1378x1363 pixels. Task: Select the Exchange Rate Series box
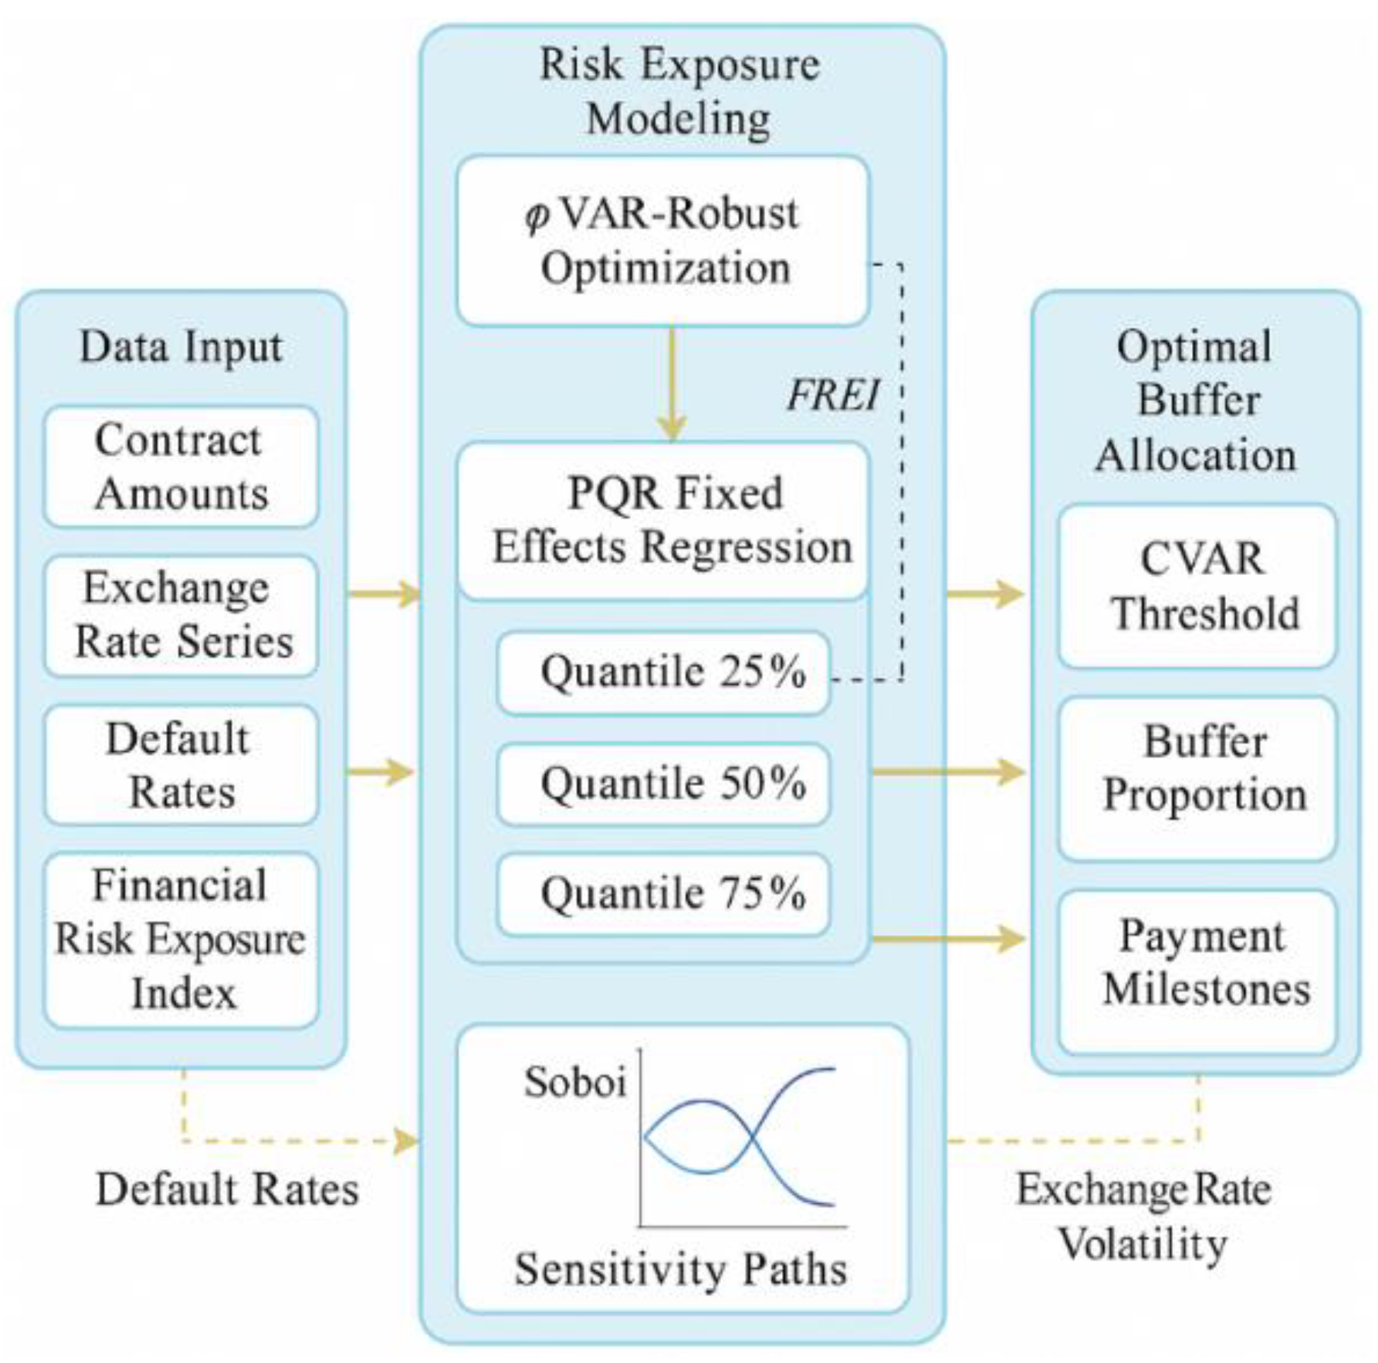click(x=180, y=615)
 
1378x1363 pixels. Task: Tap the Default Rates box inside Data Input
click(x=180, y=765)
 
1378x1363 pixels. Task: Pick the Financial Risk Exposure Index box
click(x=180, y=939)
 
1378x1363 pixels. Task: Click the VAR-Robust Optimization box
click(x=663, y=241)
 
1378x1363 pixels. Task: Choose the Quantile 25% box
click(x=663, y=672)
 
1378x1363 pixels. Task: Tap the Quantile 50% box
click(x=663, y=784)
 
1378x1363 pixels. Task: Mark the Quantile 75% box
click(x=663, y=893)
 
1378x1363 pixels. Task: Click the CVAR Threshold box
click(x=1197, y=586)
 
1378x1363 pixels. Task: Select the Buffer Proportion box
click(x=1197, y=778)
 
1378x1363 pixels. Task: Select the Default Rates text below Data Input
click(x=227, y=1190)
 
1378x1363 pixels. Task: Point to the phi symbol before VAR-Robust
click(x=537, y=216)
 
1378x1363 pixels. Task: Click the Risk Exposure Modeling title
click(x=679, y=91)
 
